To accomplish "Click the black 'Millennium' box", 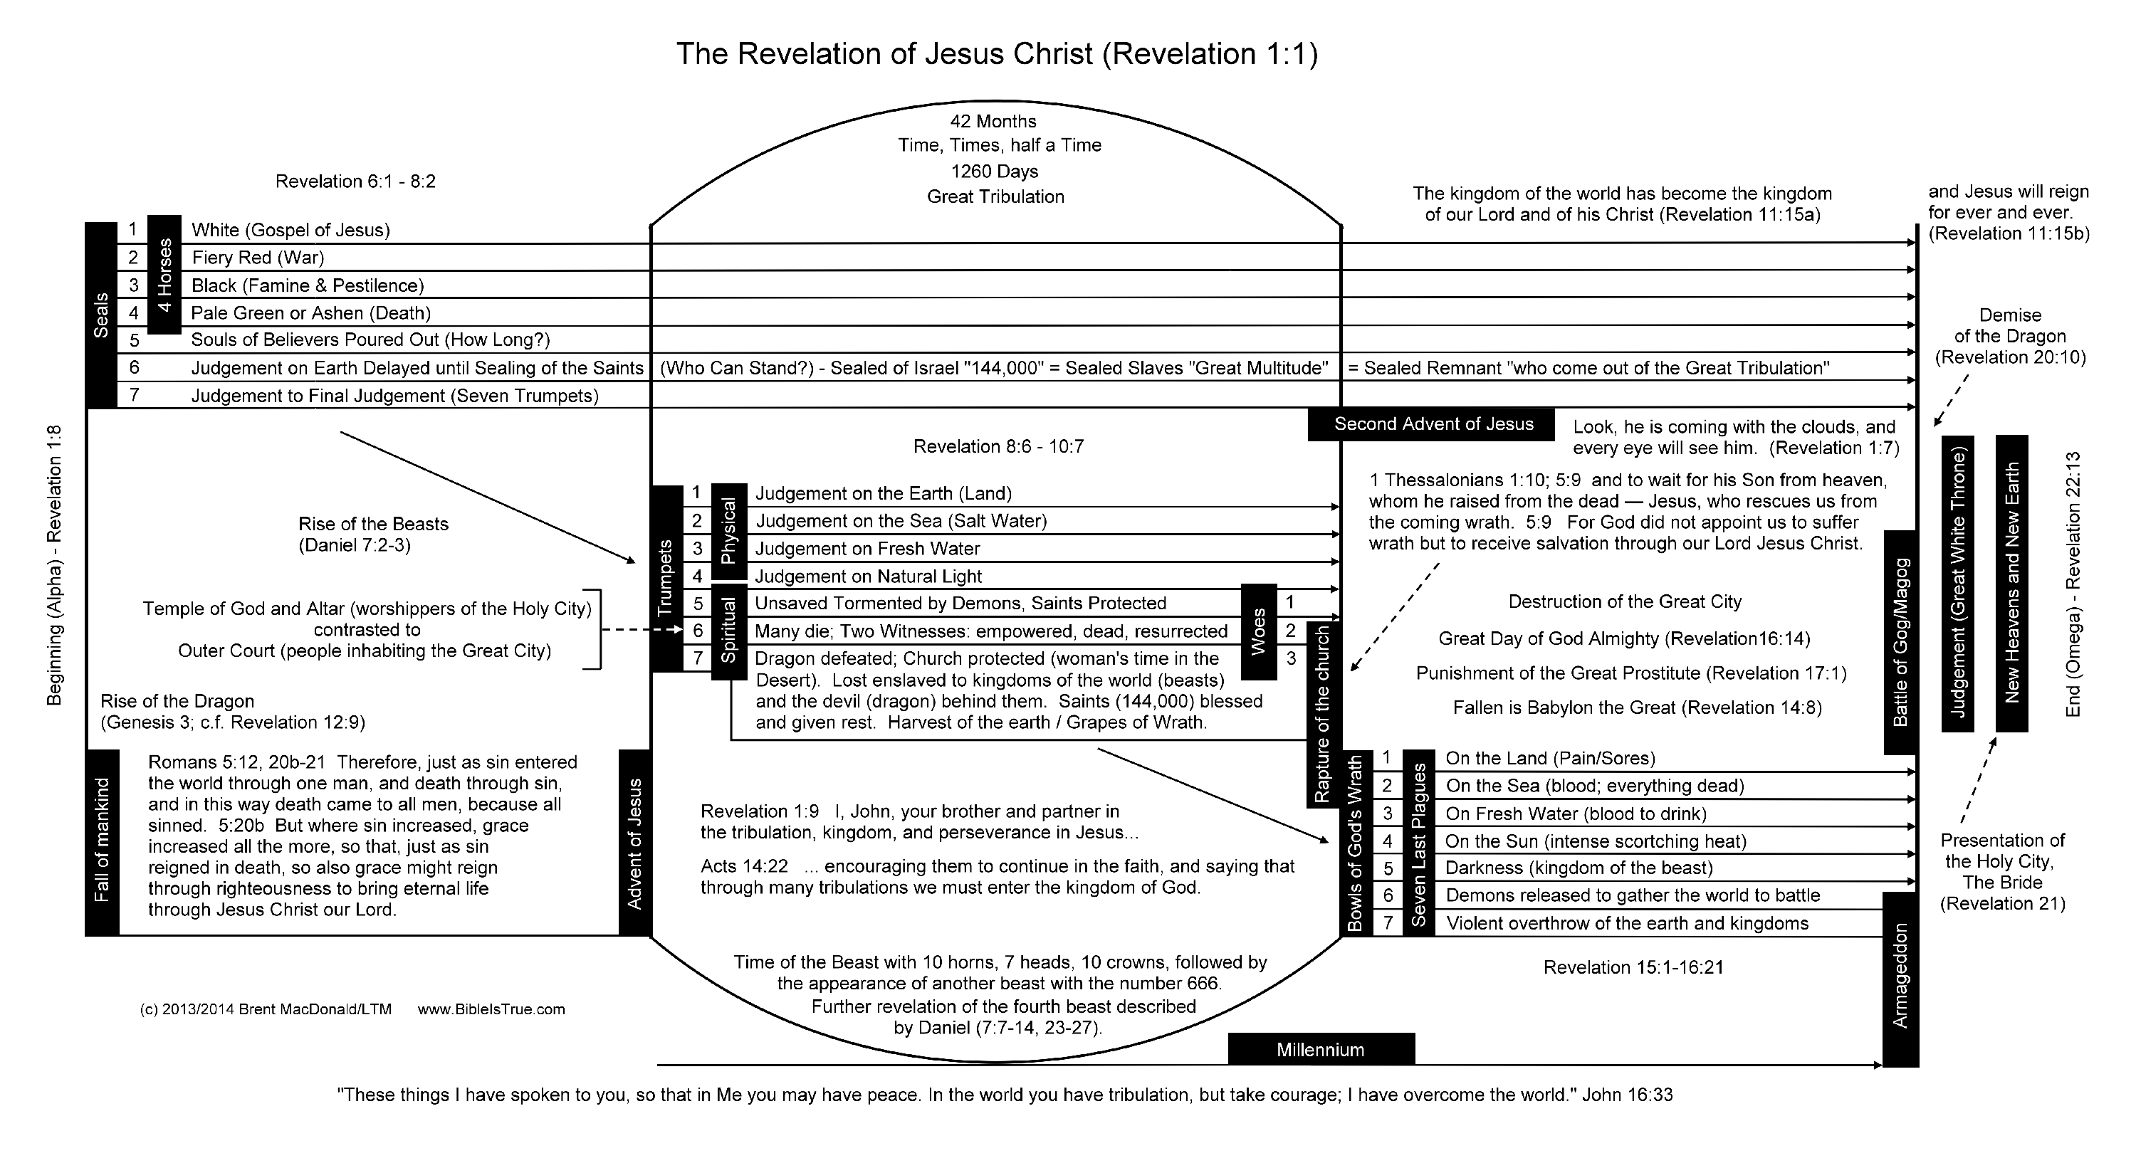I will [1320, 1049].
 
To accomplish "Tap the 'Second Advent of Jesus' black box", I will [1433, 424].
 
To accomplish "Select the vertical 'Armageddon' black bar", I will [1900, 978].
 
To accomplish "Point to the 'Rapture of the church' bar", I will [1323, 715].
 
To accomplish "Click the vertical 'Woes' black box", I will [1258, 631].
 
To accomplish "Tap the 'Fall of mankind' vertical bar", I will [102, 841].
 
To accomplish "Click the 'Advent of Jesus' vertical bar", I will [635, 842].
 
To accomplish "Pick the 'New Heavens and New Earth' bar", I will [2011, 583].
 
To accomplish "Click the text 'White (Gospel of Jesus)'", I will [290, 230].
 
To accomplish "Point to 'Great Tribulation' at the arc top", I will [995, 196].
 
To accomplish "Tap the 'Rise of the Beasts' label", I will [373, 524].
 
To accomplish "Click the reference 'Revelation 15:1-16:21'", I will [1633, 967].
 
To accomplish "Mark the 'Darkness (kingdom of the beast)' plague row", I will [1579, 868].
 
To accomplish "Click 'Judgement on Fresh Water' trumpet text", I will [867, 549].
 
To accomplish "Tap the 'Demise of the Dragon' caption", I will [2010, 336].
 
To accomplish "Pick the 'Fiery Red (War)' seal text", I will [258, 257].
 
